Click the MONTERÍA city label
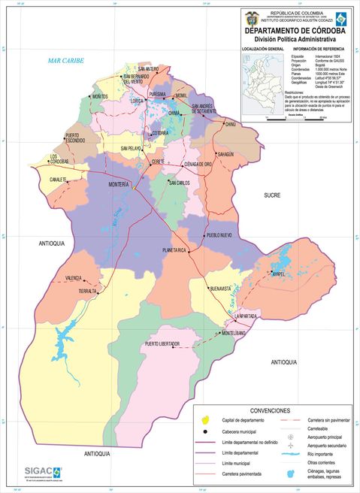[x=119, y=184]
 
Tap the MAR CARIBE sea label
[x=63, y=61]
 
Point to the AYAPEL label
[x=278, y=274]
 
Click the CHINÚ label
[x=230, y=123]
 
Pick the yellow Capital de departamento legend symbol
[x=205, y=420]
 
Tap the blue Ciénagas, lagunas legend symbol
[x=290, y=473]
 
